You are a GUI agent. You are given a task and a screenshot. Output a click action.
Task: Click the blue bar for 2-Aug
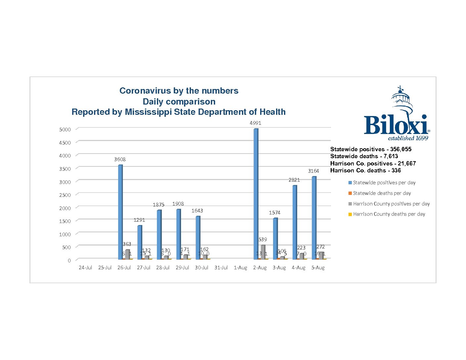coord(256,194)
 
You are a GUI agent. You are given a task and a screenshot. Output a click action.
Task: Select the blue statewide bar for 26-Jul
coord(120,212)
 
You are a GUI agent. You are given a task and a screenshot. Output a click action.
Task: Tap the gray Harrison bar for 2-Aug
coord(263,252)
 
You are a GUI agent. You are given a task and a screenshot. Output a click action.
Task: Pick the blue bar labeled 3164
coord(314,218)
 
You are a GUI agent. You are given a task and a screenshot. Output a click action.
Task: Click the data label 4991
coord(256,123)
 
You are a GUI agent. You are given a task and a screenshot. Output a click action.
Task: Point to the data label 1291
coord(139,220)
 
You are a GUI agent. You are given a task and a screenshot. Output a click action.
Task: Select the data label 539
coord(263,240)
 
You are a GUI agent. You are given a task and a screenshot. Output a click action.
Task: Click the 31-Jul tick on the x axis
coord(221,268)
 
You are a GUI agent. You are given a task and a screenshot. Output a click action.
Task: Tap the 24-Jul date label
coord(85,268)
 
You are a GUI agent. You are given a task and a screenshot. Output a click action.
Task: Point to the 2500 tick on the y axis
coord(65,195)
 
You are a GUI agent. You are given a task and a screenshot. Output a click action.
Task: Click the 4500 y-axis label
coord(65,143)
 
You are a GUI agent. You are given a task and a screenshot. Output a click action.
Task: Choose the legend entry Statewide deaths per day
coord(382,193)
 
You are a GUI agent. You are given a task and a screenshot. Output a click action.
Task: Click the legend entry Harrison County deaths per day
coord(389,214)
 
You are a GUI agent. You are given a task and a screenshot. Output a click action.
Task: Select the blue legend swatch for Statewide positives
coord(350,183)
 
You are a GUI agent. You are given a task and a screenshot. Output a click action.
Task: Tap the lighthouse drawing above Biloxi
coord(402,101)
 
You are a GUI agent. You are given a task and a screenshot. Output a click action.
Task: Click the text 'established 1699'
coord(408,138)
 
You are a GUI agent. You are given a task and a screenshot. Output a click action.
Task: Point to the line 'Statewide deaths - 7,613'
coord(364,156)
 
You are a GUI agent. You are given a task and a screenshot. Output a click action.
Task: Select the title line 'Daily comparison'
coord(179,102)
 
